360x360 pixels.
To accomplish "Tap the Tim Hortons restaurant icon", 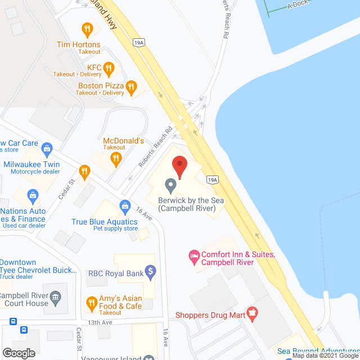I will [87, 29].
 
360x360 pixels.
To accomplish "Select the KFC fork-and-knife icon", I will [109, 69].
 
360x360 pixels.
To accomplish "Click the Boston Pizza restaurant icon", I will [130, 86].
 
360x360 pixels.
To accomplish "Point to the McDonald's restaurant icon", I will [116, 159].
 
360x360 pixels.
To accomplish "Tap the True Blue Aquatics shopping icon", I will [124, 206].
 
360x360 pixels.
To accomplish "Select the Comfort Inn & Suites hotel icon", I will [193, 256].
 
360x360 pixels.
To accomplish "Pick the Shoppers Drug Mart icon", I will [252, 312].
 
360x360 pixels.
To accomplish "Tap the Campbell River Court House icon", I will [55, 298].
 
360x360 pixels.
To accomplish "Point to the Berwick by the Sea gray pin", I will [170, 185].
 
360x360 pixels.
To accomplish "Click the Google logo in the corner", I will [19, 353].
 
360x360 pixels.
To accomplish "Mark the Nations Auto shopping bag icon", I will [33, 197].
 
